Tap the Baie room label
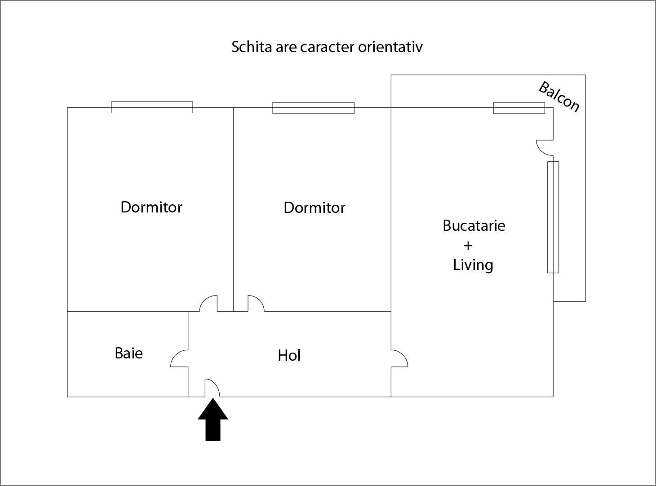pos(129,353)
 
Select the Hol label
pos(289,355)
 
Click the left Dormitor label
pos(151,207)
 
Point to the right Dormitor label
pos(315,208)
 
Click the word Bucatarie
pos(474,225)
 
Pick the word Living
pos(473,265)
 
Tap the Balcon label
pos(559,96)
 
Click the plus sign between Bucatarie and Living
pos(468,245)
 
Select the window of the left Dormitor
pos(152,107)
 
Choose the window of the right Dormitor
pos(313,108)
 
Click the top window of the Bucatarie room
pos(519,108)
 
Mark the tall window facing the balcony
pos(553,217)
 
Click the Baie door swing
pos(179,358)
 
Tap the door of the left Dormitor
pos(208,304)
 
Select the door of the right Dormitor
pos(256,304)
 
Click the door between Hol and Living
pos(399,358)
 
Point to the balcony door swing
pos(545,147)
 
